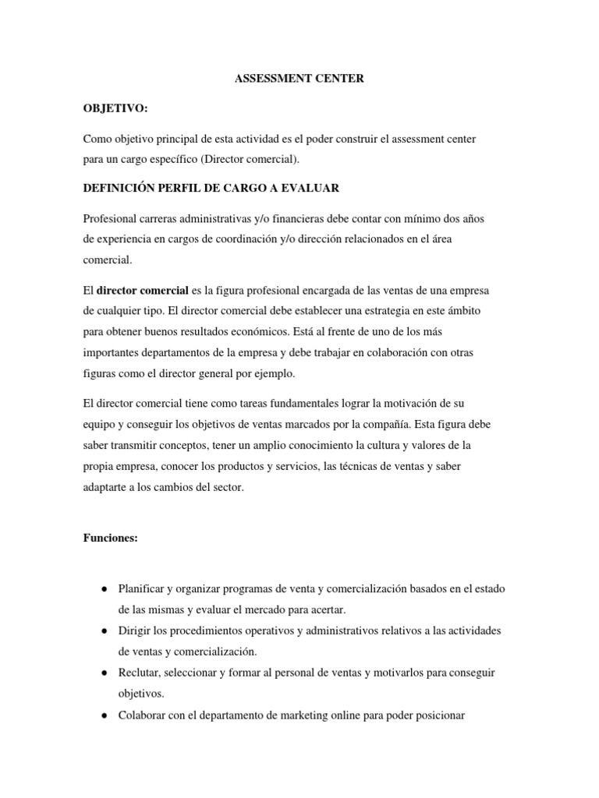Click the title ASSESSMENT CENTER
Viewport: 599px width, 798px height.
tap(299, 79)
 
